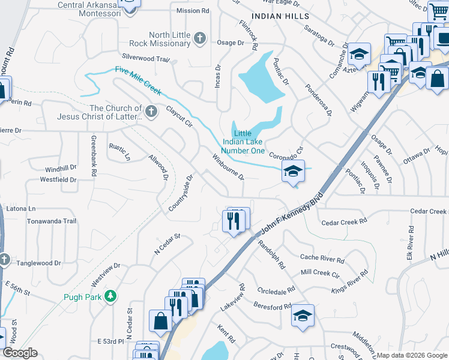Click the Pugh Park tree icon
(x=110, y=296)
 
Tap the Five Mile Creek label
(x=138, y=80)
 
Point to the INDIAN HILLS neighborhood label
(x=280, y=16)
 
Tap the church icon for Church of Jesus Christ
(x=151, y=111)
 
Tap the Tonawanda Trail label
(x=52, y=221)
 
